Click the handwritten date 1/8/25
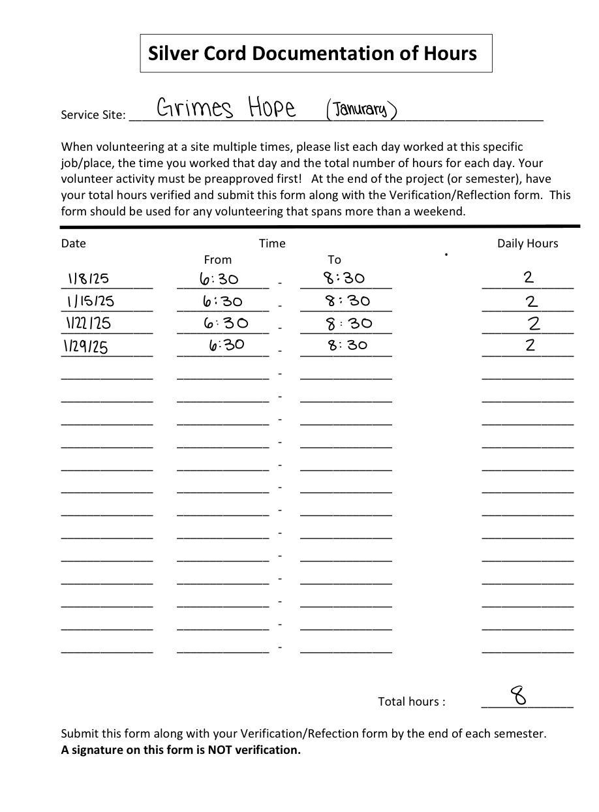click(88, 279)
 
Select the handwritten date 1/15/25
click(90, 301)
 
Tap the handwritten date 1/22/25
click(88, 323)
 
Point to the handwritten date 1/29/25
click(85, 346)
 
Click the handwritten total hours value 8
click(519, 695)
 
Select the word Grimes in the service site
click(194, 108)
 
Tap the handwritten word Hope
click(271, 107)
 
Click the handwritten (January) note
click(361, 109)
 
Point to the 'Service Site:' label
click(93, 115)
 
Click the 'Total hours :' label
click(412, 702)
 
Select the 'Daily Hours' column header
click(527, 243)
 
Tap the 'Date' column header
click(74, 243)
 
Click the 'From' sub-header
click(217, 260)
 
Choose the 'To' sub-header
click(334, 260)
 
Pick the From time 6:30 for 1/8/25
click(219, 279)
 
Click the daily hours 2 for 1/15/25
click(531, 301)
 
